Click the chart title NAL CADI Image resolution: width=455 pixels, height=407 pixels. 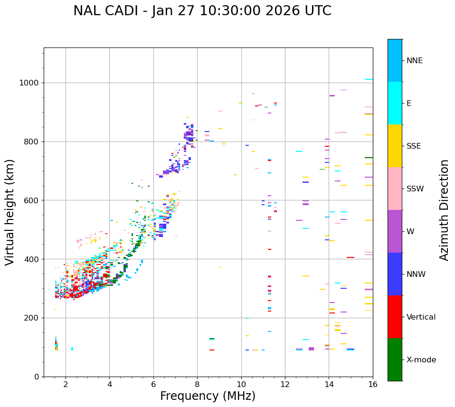(202, 11)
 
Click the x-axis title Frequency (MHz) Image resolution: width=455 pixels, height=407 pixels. (208, 396)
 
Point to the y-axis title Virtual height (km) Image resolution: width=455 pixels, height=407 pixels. (10, 212)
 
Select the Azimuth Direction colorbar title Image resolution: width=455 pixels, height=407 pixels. (444, 209)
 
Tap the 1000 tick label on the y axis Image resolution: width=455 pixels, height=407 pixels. (29, 83)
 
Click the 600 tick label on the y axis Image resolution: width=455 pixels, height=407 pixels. (31, 200)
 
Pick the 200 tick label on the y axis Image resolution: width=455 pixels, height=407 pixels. (31, 318)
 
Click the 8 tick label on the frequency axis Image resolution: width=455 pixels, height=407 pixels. (197, 384)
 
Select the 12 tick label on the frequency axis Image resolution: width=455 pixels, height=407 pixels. (285, 384)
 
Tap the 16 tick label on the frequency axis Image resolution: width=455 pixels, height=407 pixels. (373, 384)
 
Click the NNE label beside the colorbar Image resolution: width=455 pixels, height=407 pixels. (414, 61)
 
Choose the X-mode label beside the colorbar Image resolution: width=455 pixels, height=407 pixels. (421, 360)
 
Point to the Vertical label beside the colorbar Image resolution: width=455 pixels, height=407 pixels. (421, 317)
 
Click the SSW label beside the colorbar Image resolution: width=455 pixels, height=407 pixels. (415, 189)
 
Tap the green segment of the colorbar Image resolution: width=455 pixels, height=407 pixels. (395, 360)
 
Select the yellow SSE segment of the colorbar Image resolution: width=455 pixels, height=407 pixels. (395, 146)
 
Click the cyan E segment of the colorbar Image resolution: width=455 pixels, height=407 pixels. (395, 103)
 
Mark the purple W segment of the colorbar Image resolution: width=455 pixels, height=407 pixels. (395, 231)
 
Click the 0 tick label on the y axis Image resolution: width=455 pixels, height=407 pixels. (36, 377)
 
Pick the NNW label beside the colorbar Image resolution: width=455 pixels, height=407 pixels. (416, 274)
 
